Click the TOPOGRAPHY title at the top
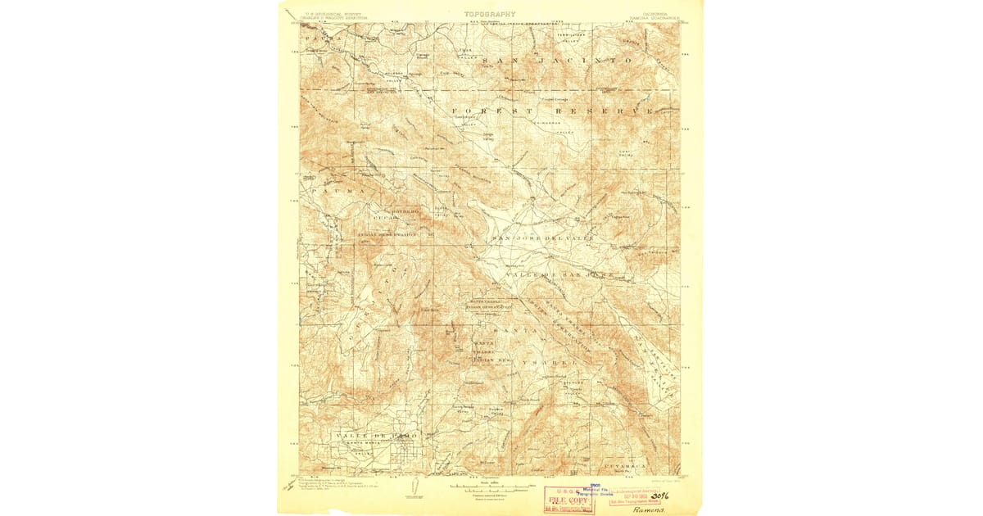coord(490,14)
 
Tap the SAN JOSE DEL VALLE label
coord(540,238)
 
